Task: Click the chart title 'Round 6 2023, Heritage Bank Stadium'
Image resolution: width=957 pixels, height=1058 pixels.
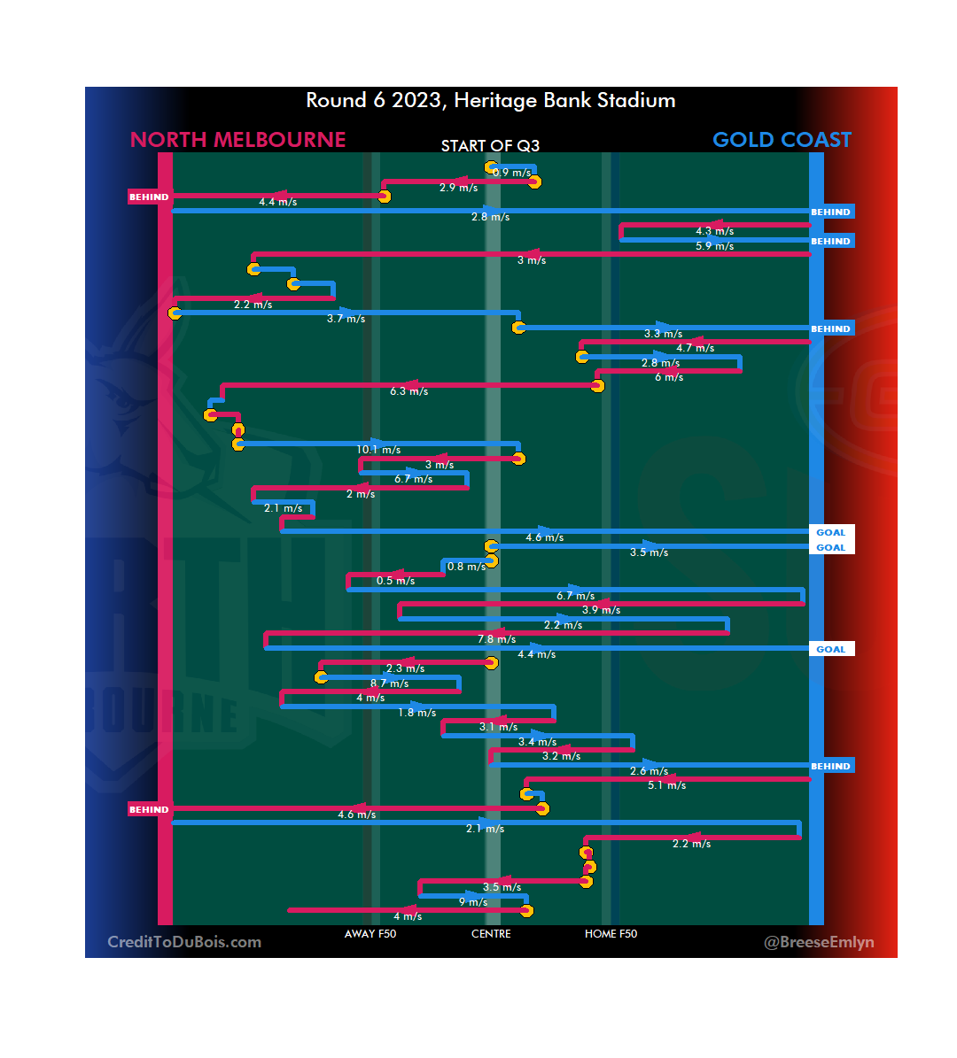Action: (490, 101)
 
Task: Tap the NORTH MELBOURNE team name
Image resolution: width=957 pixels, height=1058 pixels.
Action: (237, 140)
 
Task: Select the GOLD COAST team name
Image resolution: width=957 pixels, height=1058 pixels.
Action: (782, 140)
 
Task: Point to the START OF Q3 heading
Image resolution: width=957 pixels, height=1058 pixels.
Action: (490, 146)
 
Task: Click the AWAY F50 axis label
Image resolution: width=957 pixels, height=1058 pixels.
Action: (370, 934)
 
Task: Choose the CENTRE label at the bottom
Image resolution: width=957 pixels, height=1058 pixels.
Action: (491, 934)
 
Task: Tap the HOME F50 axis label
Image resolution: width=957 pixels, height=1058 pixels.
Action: (611, 934)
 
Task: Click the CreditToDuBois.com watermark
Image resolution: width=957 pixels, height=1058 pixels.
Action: (184, 942)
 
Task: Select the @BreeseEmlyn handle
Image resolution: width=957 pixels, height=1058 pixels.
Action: (819, 942)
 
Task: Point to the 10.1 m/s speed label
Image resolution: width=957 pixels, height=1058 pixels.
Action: (378, 450)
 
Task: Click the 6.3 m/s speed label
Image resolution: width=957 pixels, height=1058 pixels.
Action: (408, 391)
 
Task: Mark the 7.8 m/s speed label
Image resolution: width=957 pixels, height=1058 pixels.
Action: (496, 639)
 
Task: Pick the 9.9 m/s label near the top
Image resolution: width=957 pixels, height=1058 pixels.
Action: (511, 173)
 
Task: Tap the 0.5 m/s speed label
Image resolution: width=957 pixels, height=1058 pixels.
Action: (395, 581)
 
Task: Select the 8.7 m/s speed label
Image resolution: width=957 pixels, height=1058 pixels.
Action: (389, 683)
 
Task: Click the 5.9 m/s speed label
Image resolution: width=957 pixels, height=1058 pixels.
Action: (714, 246)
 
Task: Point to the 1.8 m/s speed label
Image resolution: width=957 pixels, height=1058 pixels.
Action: (416, 713)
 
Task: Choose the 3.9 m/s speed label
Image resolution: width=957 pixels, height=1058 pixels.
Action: (601, 610)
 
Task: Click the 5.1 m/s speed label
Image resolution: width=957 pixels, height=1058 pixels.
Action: (666, 785)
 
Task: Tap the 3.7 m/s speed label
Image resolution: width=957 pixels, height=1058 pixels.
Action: (346, 319)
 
